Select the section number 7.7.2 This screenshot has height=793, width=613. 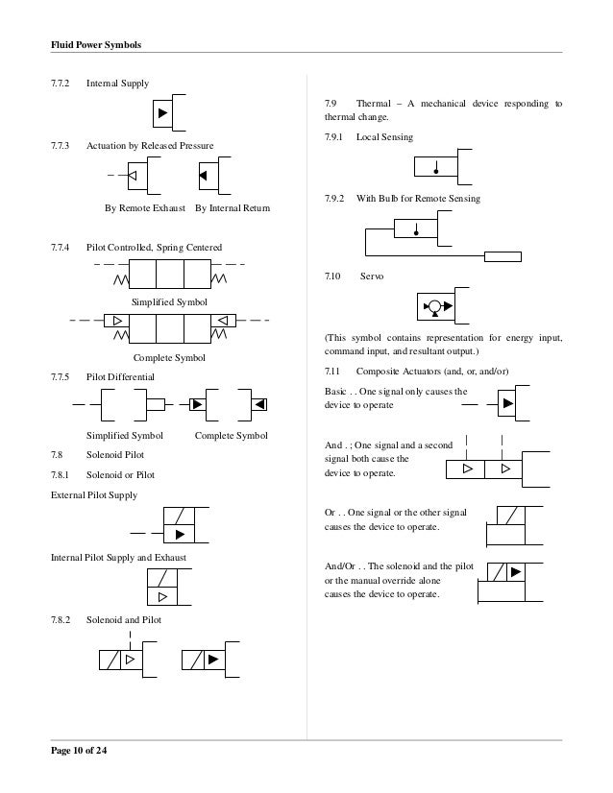click(x=62, y=84)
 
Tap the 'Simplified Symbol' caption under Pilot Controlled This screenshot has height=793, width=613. click(x=169, y=302)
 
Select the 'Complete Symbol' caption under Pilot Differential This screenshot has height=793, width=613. click(x=231, y=437)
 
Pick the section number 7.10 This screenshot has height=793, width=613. click(x=333, y=276)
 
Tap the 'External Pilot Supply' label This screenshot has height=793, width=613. click(x=93, y=495)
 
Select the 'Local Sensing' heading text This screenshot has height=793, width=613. click(x=384, y=138)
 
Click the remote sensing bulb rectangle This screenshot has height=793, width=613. click(x=503, y=256)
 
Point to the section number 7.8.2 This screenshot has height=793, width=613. click(x=62, y=620)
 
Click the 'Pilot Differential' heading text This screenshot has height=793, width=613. click(x=120, y=377)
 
